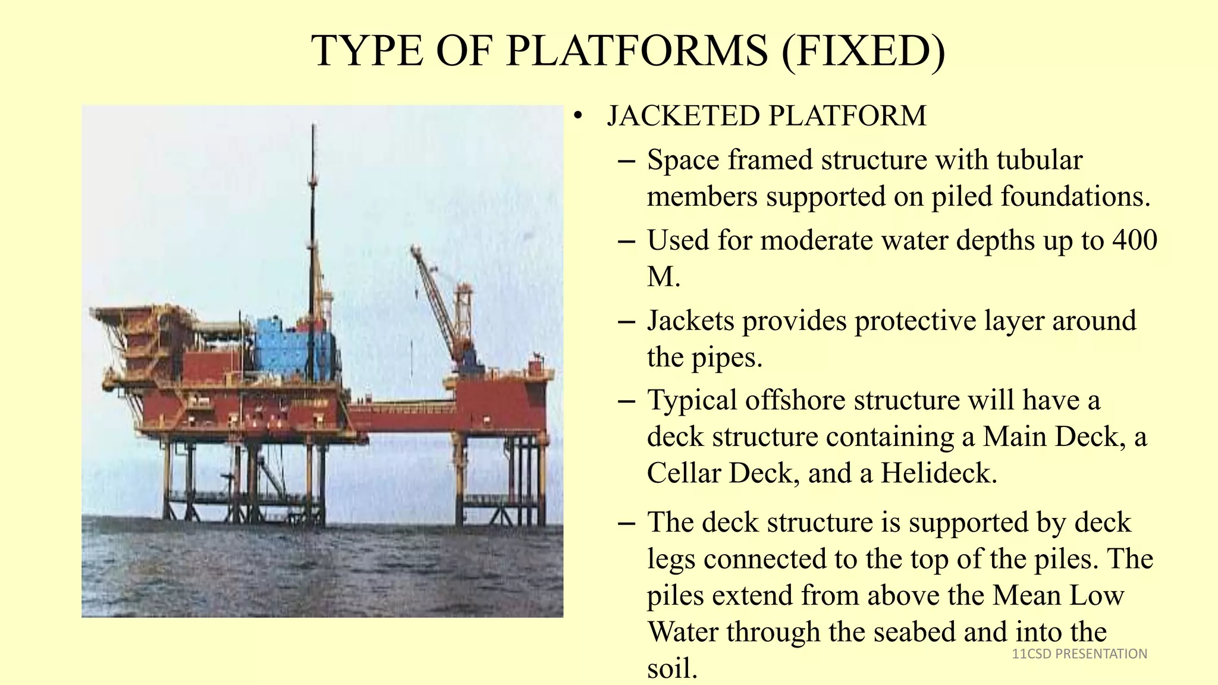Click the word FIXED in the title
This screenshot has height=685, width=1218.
[863, 51]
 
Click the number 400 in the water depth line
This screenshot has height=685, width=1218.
[1134, 241]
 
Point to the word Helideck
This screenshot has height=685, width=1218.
[938, 474]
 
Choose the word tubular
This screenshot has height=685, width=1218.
[1039, 161]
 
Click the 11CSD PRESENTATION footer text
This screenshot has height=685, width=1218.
[1079, 654]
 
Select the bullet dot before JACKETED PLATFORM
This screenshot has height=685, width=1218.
[577, 116]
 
